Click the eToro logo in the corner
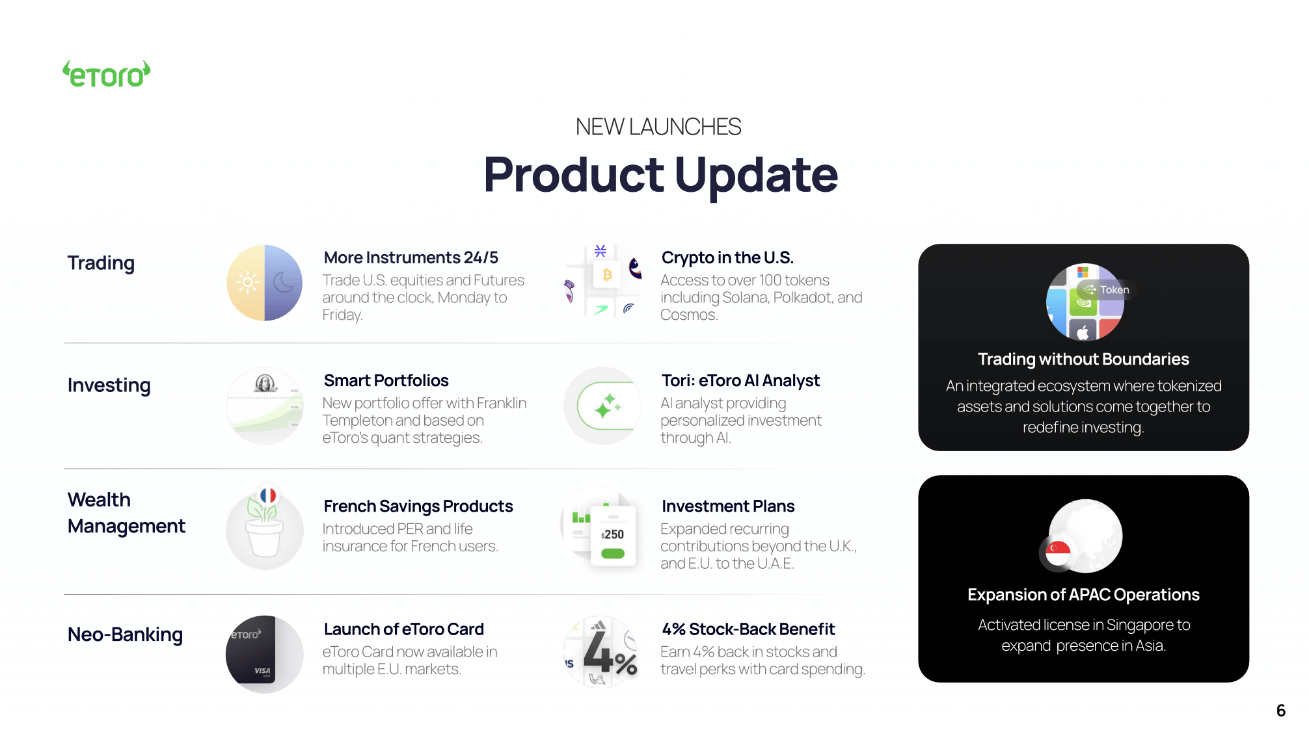(107, 75)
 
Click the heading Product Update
(660, 175)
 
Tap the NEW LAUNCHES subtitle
(658, 127)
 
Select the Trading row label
(101, 263)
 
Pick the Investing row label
(109, 386)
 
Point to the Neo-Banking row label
(125, 634)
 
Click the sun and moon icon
(264, 283)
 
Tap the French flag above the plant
(268, 495)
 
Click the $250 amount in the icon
(613, 534)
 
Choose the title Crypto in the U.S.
(727, 258)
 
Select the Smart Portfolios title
(386, 381)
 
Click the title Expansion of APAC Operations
(1083, 595)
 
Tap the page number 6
(1280, 711)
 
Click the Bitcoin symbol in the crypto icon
(607, 275)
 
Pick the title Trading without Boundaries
(1083, 359)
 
